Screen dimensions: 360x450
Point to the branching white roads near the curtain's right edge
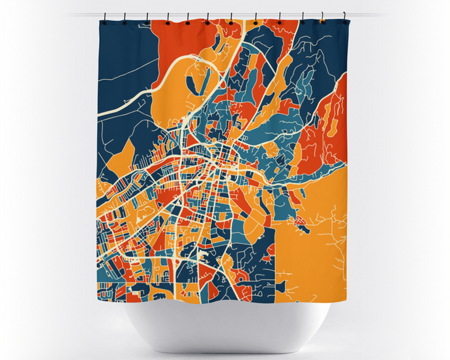(336, 235)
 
